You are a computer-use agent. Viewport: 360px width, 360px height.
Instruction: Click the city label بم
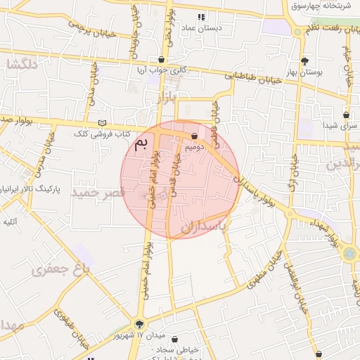pos(141,145)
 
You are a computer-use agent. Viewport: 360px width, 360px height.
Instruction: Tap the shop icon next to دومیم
pos(194,136)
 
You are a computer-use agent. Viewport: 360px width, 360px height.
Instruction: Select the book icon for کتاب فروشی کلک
pos(102,124)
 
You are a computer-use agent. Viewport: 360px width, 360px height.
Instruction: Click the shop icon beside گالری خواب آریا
pos(162,60)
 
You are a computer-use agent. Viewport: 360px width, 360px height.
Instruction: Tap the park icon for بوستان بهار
pos(304,61)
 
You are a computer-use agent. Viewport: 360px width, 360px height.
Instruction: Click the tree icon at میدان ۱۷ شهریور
pos(139,324)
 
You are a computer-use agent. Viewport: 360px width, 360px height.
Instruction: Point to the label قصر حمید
pos(97,192)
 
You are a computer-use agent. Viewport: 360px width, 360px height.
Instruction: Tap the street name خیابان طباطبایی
pos(252,78)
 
